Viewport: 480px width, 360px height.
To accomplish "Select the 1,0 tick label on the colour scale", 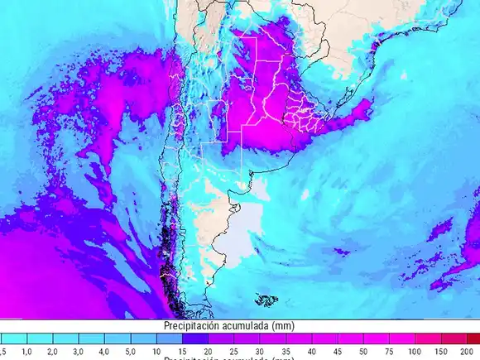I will (x=26, y=352).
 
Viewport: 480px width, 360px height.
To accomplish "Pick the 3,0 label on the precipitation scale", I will (x=78, y=352).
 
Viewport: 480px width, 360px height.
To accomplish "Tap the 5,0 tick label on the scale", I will (x=130, y=352).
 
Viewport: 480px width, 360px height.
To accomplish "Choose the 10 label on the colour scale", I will (x=156, y=352).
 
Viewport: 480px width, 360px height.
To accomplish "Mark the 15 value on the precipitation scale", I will (x=182, y=352).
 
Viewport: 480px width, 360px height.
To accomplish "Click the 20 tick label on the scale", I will (x=209, y=352).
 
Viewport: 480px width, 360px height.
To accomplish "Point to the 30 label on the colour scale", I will (x=260, y=352).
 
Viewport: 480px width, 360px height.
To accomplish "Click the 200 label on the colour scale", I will (x=467, y=352).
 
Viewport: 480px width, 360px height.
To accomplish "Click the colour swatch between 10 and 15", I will (x=169, y=339).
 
